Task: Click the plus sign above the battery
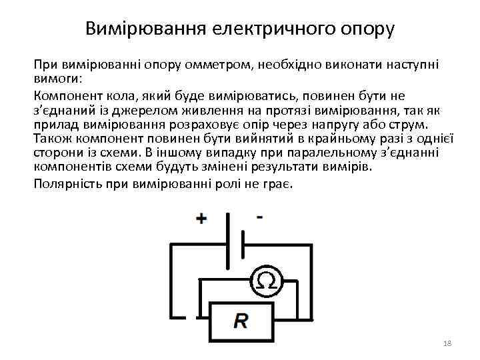coord(201,219)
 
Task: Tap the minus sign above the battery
coord(259,217)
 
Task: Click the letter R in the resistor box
coord(240,322)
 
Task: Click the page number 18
coord(447,343)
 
